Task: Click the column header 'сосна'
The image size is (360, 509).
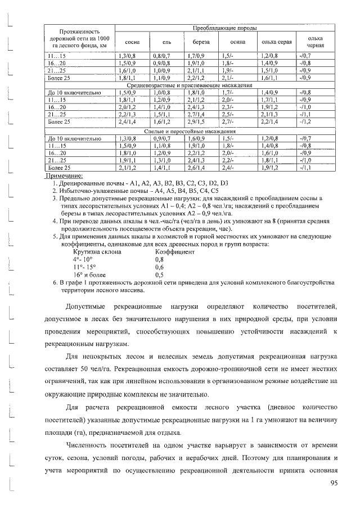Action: [x=132, y=42]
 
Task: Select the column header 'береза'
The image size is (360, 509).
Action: [x=201, y=42]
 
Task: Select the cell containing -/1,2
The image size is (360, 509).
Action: [x=305, y=121]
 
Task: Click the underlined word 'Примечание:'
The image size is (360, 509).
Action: [x=64, y=176]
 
